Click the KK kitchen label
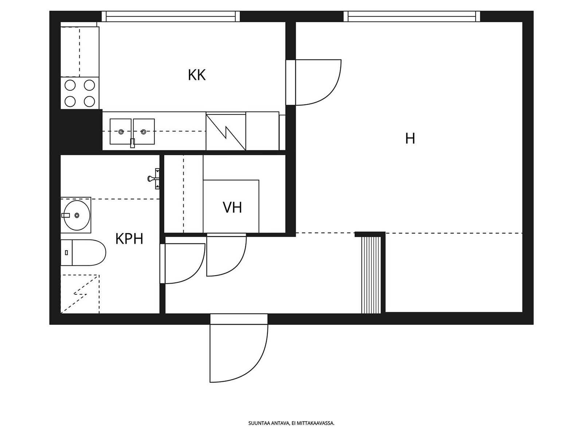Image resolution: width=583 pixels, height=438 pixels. pos(196,75)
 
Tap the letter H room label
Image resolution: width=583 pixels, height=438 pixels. pos(410,138)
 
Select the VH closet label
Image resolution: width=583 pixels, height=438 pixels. pos(232,207)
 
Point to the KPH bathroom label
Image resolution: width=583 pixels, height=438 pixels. pos(129,239)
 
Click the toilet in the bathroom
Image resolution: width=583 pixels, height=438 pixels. pos(83,252)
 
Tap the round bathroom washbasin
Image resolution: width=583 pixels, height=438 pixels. pos(77,215)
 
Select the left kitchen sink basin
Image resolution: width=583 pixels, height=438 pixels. pos(121,131)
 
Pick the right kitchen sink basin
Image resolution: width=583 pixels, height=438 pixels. pos(144,131)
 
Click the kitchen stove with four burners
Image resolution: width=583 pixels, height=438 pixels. pos(80,93)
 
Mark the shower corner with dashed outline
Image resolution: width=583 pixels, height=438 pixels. pos(80,294)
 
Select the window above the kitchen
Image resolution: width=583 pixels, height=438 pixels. pos(171,16)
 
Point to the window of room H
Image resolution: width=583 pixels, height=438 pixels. pos(412,16)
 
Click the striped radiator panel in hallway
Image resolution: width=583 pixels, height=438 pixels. pos(371,275)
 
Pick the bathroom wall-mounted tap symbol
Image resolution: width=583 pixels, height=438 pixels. pos(154,178)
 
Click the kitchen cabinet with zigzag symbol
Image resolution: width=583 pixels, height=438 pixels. pos(226,132)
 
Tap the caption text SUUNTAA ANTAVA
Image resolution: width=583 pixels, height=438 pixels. pos(269,423)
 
